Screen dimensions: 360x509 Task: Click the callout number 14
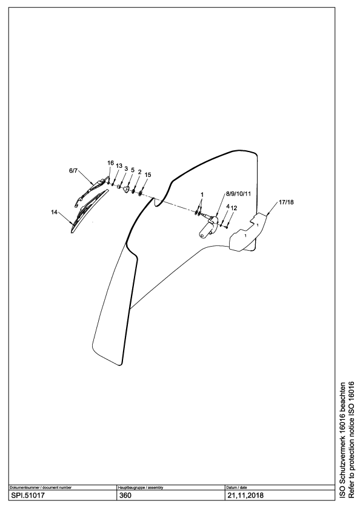[54, 212]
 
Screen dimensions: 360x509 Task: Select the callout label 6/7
[73, 171]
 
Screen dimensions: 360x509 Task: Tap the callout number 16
[111, 163]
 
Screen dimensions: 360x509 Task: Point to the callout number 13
[119, 166]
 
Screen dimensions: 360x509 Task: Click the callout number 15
[148, 175]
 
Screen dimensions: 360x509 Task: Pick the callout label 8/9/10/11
[239, 194]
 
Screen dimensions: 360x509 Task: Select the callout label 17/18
[286, 202]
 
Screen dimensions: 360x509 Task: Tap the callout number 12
[234, 208]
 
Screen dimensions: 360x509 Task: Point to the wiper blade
[89, 211]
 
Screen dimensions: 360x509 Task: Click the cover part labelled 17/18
[248, 231]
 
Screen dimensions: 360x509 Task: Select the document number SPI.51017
[28, 496]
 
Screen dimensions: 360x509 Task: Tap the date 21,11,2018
[245, 496]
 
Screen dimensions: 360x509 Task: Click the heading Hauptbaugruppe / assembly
[140, 488]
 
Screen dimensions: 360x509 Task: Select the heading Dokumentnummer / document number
[41, 488]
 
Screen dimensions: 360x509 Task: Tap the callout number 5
[133, 170]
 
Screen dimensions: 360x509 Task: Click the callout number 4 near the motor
[228, 207]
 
